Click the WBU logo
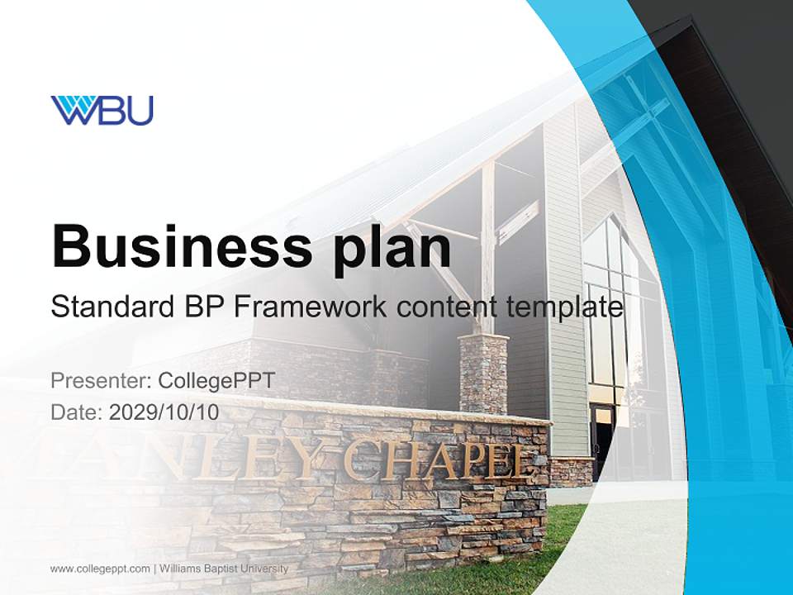[102, 110]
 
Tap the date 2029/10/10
[164, 412]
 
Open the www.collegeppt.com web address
[100, 569]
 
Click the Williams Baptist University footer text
[224, 569]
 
